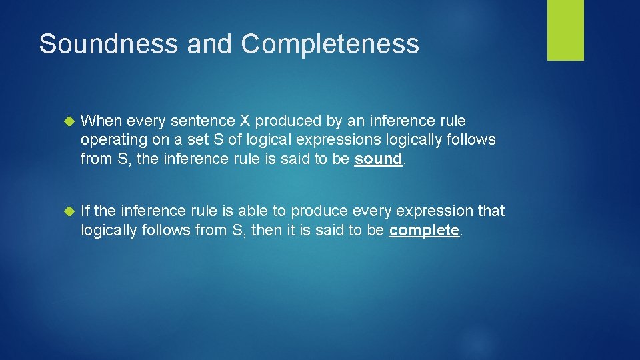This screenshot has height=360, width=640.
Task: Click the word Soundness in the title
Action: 109,44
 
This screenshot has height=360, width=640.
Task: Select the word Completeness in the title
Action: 330,44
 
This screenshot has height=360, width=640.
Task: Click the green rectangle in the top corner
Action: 565,30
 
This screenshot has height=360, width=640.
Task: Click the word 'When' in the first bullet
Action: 101,121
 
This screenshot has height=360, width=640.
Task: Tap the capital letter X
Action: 243,121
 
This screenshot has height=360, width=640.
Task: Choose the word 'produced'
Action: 287,121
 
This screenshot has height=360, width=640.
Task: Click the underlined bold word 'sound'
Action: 378,159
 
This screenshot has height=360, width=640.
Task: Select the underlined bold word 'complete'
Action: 424,230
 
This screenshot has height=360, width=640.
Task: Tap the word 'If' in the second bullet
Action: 85,211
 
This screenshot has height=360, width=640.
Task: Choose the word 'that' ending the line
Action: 491,211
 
